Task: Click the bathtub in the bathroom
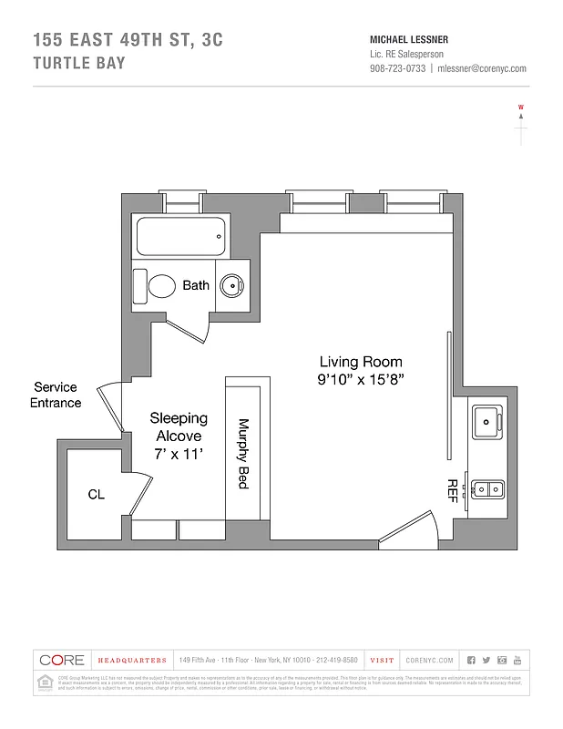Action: point(179,238)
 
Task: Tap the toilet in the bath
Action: point(157,286)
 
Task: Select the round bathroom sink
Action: point(233,286)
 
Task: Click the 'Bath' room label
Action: point(196,285)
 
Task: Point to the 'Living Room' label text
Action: point(360,361)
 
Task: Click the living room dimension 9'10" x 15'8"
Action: point(360,378)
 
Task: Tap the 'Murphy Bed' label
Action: point(243,454)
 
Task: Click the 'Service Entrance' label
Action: point(56,395)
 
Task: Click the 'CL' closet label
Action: point(96,495)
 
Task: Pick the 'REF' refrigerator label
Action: point(451,490)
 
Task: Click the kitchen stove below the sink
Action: point(486,489)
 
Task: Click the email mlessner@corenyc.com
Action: point(482,68)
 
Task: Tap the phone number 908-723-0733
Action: point(397,68)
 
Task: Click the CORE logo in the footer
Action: point(62,660)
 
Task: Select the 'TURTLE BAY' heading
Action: point(78,63)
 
